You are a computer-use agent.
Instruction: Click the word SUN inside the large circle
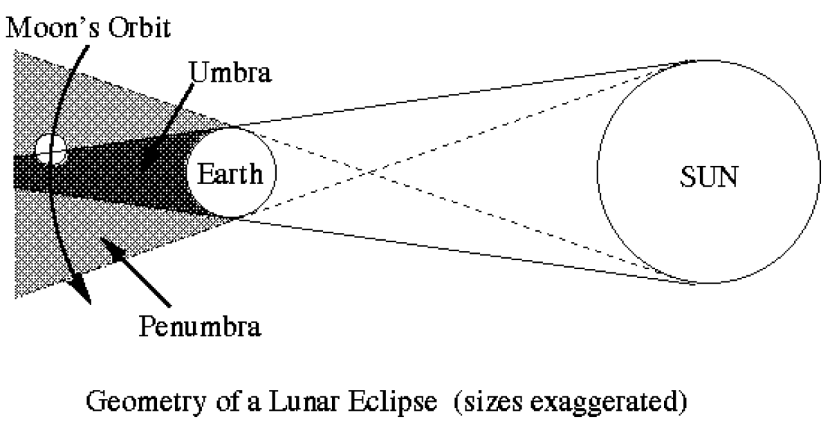(709, 177)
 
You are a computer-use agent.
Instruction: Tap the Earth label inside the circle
(230, 174)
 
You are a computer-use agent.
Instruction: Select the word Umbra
(230, 72)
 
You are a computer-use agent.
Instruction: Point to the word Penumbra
(200, 326)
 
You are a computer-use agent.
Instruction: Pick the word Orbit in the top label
(140, 28)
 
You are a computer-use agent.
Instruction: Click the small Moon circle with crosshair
(51, 149)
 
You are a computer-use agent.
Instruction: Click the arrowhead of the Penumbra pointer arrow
(113, 250)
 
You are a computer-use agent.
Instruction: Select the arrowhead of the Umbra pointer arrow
(151, 158)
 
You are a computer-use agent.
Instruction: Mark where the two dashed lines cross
(369, 173)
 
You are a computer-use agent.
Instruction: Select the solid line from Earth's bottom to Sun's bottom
(463, 252)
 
